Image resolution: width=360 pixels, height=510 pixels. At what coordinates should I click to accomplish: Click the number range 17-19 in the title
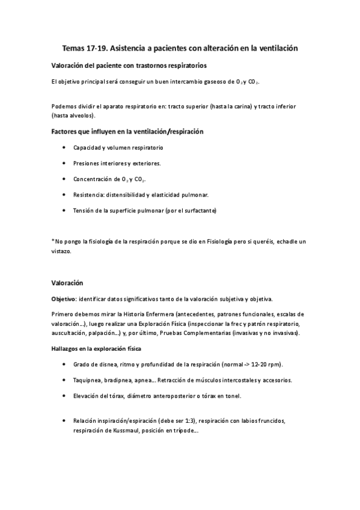click(101, 47)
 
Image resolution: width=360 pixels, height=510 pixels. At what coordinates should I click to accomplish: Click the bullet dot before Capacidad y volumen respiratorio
click(64, 147)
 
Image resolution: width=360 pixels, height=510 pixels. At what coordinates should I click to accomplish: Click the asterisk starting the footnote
click(53, 241)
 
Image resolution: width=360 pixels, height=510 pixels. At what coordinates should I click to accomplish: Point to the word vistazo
click(61, 251)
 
